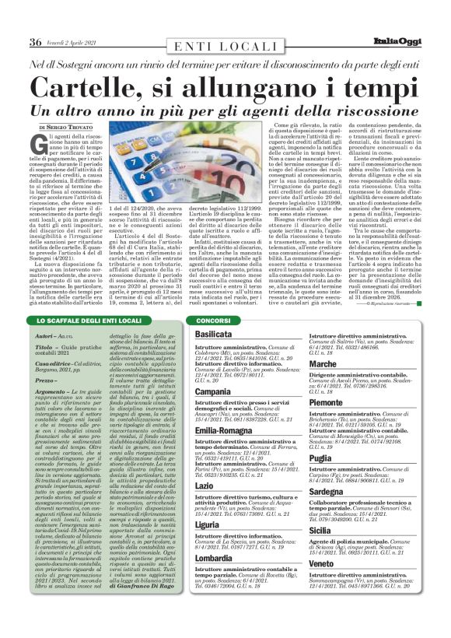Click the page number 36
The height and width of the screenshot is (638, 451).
tap(36, 41)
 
